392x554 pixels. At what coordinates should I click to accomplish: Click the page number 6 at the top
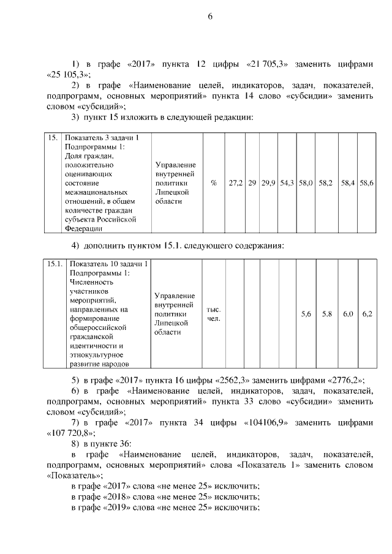point(209,17)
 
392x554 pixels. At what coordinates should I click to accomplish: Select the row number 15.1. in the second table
point(54,264)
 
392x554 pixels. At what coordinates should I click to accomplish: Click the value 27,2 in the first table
point(235,183)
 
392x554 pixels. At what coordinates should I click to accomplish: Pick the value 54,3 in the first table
point(287,183)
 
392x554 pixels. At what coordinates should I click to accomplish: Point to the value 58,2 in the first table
point(326,183)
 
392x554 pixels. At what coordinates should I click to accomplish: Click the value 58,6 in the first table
point(367,183)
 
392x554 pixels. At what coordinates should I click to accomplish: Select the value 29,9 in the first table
point(268,183)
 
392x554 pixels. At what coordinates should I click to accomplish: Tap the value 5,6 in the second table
point(306,314)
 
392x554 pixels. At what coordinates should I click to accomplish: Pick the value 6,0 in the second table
point(348,314)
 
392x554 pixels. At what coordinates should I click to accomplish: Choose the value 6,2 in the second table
point(367,314)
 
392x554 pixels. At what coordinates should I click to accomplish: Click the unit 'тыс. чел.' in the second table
point(214,314)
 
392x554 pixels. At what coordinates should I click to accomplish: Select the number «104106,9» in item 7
point(271,422)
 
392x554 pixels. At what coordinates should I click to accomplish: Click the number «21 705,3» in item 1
point(271,64)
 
